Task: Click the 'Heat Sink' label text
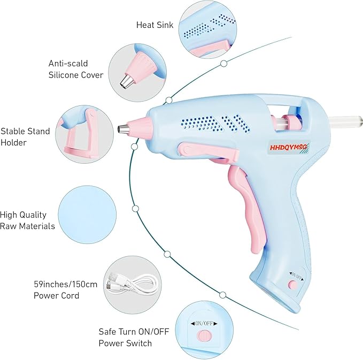155,25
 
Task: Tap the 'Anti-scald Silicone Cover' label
75,69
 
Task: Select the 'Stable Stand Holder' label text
25,136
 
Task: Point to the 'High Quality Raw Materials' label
27,220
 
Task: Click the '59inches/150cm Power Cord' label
65,289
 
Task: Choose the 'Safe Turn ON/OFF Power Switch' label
133,338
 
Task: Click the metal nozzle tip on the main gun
122,129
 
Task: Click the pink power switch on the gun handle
293,285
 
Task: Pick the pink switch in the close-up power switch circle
203,335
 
